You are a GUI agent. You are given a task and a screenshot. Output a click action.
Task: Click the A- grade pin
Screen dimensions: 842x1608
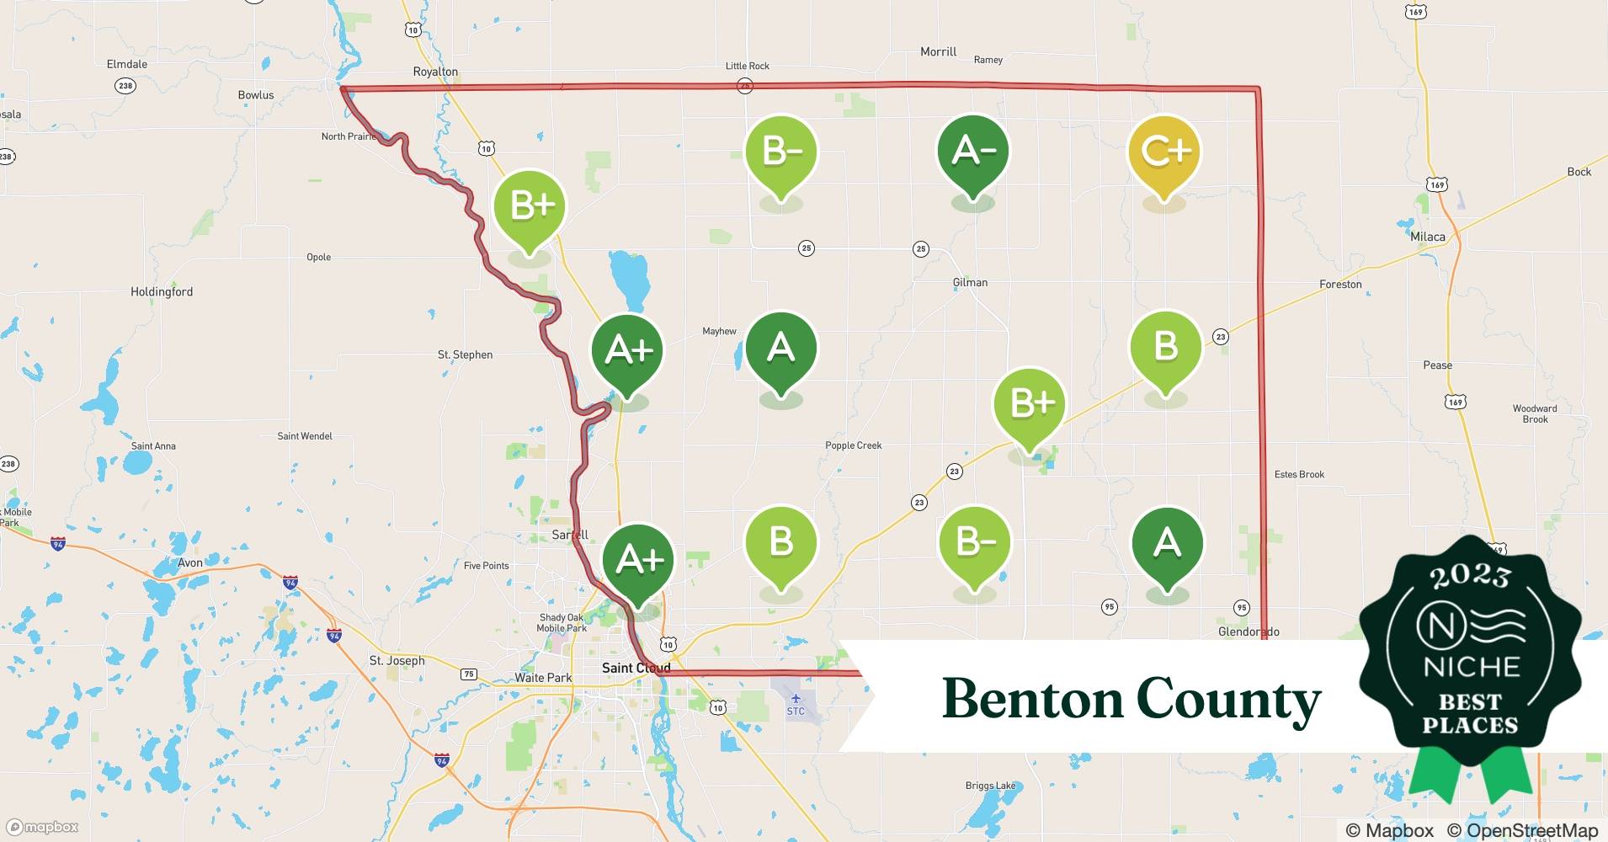(x=973, y=152)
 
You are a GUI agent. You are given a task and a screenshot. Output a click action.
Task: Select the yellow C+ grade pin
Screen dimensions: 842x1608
(x=1165, y=152)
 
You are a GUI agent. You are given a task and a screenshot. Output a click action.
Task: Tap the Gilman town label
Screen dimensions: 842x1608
(x=970, y=282)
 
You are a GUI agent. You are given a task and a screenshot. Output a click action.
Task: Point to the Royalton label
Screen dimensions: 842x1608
(x=435, y=72)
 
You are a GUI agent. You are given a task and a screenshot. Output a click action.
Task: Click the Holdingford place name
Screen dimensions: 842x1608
(x=162, y=291)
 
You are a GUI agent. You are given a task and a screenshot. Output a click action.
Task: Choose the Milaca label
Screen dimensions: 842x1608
(x=1428, y=237)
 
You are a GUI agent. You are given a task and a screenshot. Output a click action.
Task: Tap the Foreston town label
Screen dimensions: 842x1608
(x=1340, y=285)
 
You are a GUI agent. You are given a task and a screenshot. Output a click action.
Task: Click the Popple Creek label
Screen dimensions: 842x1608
(x=854, y=445)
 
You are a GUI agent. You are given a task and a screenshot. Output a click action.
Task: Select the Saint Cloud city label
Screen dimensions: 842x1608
(x=636, y=668)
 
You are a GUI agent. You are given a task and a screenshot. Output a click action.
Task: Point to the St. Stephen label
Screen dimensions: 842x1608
(x=465, y=354)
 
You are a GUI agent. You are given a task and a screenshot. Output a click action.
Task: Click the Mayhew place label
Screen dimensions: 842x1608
(x=719, y=331)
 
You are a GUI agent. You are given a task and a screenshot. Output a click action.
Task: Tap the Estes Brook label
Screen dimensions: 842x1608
(x=1299, y=474)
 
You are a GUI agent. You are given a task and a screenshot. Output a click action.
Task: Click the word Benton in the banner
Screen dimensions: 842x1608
(x=1032, y=699)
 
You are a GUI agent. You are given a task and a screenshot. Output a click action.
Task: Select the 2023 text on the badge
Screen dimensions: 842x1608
(x=1470, y=576)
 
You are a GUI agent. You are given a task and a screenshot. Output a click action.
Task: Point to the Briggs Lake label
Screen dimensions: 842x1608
(x=990, y=786)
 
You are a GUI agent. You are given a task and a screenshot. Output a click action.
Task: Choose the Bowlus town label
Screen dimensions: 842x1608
(x=256, y=95)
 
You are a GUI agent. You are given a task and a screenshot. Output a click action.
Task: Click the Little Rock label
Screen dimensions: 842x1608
(x=748, y=66)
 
